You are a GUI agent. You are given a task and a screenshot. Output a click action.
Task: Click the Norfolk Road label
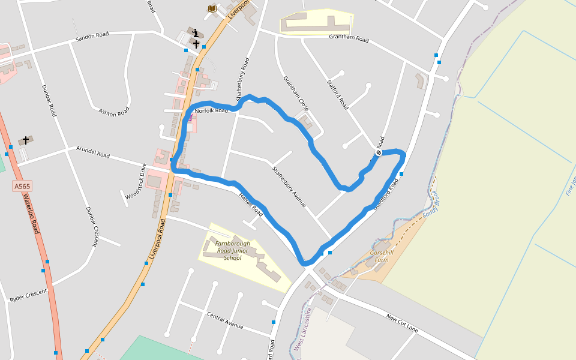[x=211, y=110]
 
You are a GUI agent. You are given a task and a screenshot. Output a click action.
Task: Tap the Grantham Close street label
[x=296, y=93]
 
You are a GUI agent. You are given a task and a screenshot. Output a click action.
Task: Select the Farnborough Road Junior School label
[x=232, y=251]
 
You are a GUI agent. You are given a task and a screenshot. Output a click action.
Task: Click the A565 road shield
[x=22, y=187]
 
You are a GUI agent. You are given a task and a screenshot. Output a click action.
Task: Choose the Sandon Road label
[x=92, y=37]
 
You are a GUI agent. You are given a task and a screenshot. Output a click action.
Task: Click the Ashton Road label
[x=114, y=111]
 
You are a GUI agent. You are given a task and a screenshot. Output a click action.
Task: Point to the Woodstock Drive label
[x=136, y=181]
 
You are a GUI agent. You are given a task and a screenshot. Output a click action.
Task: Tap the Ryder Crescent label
[x=28, y=295]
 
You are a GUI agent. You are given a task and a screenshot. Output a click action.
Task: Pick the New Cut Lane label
[x=402, y=322]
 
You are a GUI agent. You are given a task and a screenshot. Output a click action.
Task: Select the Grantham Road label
[x=349, y=38]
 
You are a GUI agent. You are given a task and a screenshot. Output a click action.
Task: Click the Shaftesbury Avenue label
[x=289, y=187]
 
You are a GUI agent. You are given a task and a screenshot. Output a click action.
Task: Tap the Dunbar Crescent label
[x=91, y=227]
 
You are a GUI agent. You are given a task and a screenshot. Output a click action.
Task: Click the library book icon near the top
[x=212, y=8]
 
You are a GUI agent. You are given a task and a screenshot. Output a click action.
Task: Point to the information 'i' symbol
[x=196, y=34]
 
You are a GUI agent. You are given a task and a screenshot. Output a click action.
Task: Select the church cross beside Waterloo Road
[x=26, y=140]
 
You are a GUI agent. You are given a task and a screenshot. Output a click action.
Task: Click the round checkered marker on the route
[x=379, y=152]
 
